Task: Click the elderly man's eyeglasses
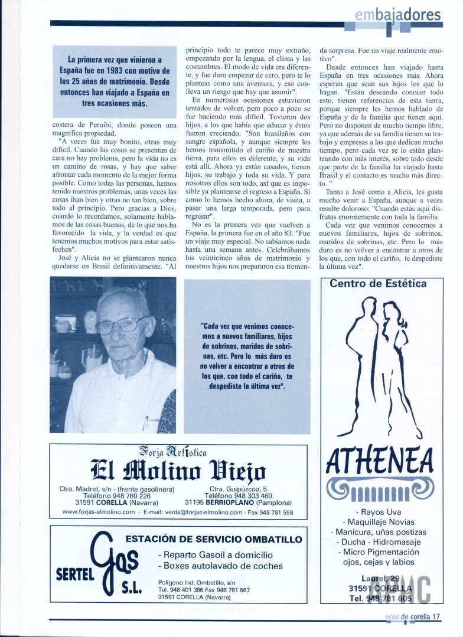coord(122,325)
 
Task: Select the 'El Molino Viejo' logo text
coord(178,471)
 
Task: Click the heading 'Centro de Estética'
coord(378,284)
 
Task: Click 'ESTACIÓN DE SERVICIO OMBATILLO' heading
coord(214,539)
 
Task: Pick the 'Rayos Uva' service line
coord(386,511)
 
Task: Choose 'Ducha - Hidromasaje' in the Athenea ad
coord(386,541)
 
